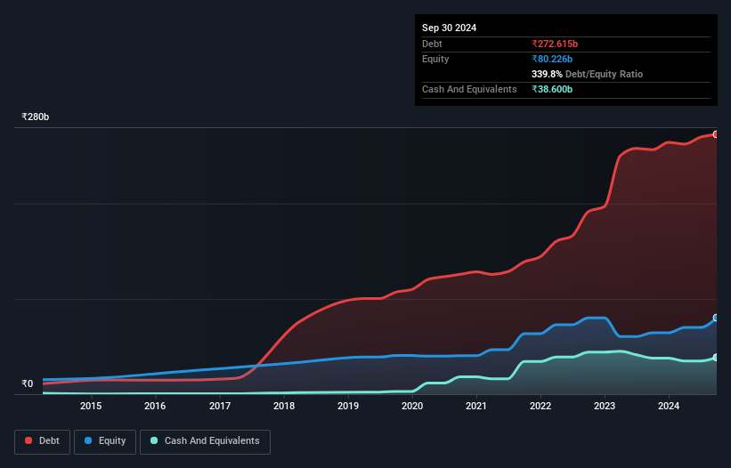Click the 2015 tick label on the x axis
coord(91,407)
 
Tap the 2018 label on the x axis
coord(284,407)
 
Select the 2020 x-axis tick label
coord(412,407)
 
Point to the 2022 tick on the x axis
coord(540,407)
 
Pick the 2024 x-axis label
coord(669,407)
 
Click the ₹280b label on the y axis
coord(36,117)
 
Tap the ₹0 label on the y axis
coord(27,384)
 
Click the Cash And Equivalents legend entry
coord(205,441)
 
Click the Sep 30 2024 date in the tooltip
coord(449,28)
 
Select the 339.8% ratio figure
coord(548,75)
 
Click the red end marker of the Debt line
coord(715,134)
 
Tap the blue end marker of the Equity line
coord(715,318)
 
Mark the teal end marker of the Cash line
coord(715,358)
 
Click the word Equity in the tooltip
coord(435,59)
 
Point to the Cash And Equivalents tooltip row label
coord(469,90)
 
